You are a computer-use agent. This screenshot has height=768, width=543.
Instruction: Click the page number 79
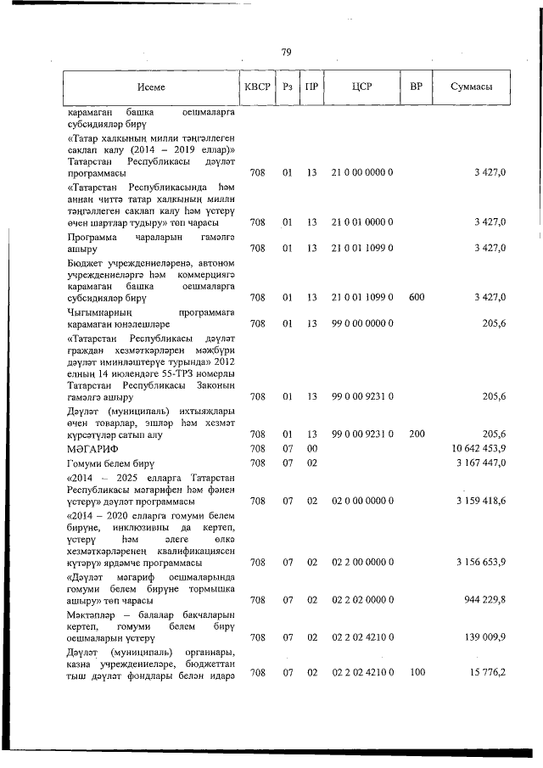pos(285,53)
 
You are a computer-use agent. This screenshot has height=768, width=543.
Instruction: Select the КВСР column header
pos(257,87)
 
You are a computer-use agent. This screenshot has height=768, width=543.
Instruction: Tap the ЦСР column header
pos(361,87)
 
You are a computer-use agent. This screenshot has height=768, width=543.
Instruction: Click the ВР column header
pos(416,87)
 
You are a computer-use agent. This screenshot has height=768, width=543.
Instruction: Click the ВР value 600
pos(417,298)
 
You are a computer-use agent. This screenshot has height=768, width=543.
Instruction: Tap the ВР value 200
pos(417,434)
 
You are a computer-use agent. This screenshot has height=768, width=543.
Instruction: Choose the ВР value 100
pos(417,673)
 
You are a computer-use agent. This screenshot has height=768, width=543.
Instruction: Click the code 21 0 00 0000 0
pos(362,173)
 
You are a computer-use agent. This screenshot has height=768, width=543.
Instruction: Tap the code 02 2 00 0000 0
pos(362,563)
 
